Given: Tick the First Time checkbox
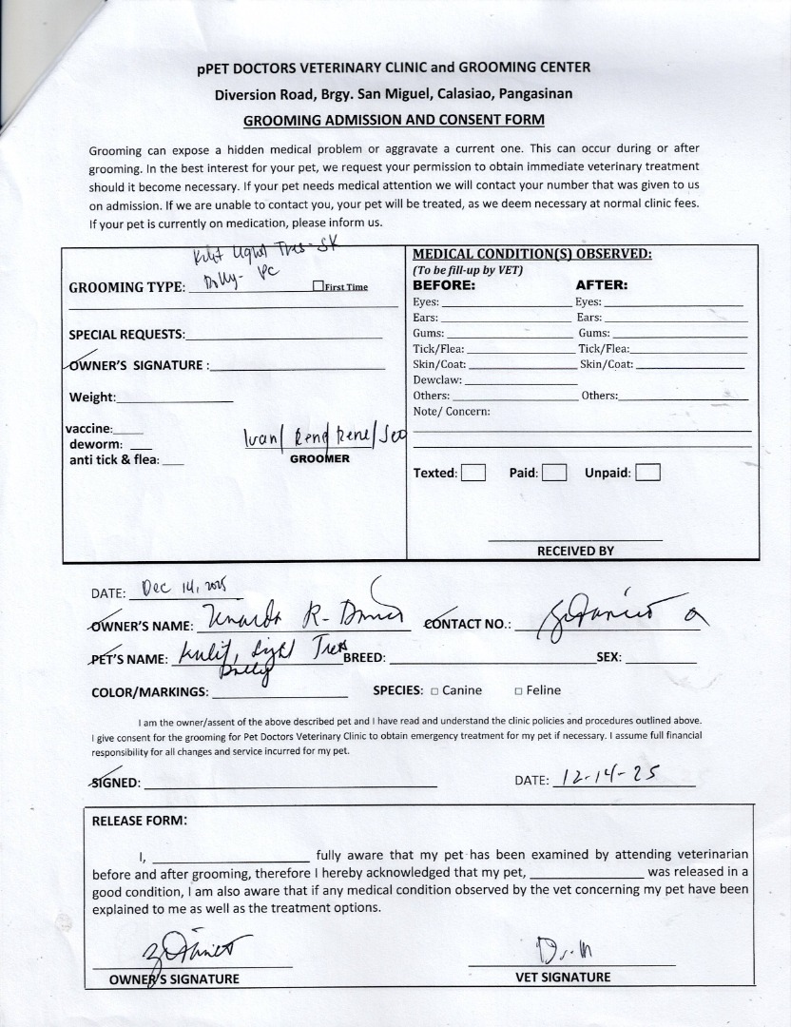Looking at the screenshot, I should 318,286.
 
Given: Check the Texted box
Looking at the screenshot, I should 473,473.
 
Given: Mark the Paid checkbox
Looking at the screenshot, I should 554,473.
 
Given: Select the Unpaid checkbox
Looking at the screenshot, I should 647,473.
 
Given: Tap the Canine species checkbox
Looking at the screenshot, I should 434,691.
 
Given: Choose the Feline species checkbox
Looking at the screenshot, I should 518,691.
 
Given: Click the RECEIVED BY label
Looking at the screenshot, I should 575,551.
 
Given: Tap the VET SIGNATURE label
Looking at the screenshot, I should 563,977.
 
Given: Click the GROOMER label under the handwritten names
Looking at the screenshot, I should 319,458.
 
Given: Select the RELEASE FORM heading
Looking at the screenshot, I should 140,821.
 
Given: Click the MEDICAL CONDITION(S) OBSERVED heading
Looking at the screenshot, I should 531,254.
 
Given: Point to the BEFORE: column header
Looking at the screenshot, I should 443,284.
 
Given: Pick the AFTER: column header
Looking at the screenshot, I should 602,284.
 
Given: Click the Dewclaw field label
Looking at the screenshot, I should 436,380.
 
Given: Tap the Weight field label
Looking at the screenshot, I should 92,397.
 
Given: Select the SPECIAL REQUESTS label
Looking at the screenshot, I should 127,335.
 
